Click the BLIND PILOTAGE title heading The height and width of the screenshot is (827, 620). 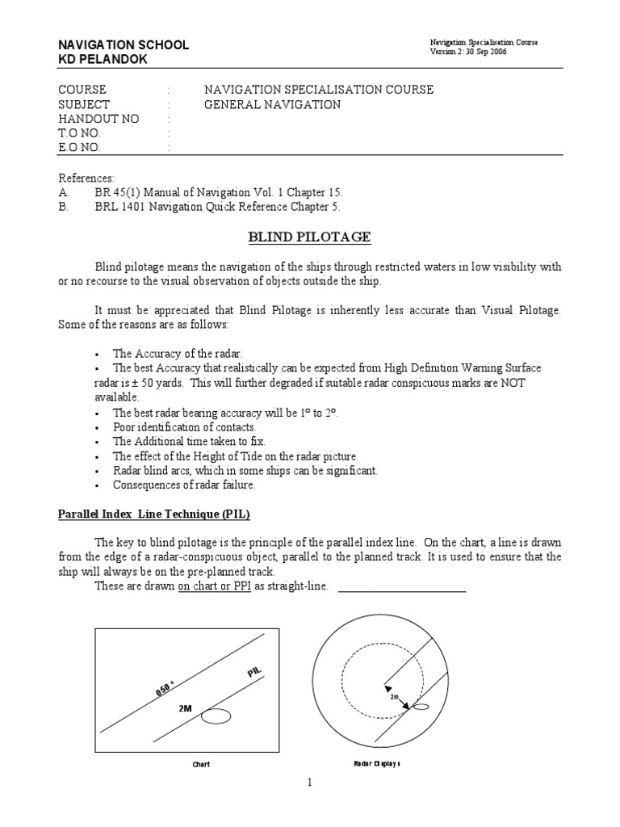tap(308, 237)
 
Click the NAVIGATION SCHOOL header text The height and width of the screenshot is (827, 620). tap(124, 45)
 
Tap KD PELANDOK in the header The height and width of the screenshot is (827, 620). tap(103, 60)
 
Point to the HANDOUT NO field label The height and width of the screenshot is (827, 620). tap(98, 119)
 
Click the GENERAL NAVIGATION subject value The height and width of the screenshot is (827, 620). tap(272, 104)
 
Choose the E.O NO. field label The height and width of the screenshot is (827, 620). tap(81, 148)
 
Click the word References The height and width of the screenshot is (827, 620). tap(86, 178)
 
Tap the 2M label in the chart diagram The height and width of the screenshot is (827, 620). tap(186, 707)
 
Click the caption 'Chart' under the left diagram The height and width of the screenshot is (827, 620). tap(200, 764)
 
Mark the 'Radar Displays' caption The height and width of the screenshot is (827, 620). tap(378, 763)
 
